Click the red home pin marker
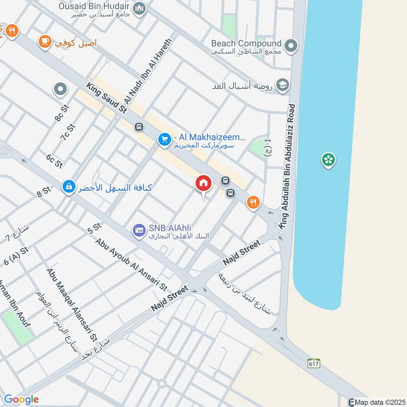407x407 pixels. click(x=203, y=184)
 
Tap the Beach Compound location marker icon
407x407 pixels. click(x=291, y=46)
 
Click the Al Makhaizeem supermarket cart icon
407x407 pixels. click(x=164, y=139)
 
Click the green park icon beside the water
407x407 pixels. click(x=328, y=161)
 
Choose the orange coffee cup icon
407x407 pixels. click(x=44, y=41)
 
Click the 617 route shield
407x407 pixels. click(x=313, y=363)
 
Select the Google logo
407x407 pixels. click(x=21, y=399)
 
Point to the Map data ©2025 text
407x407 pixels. click(x=377, y=402)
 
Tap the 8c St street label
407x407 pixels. click(x=62, y=113)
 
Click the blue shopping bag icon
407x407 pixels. click(x=68, y=188)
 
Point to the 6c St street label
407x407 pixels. click(x=54, y=161)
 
